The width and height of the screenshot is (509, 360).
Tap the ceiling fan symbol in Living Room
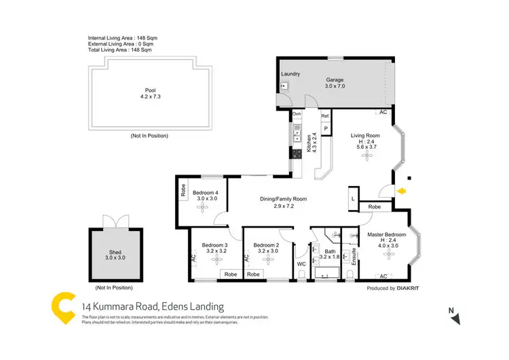[x=368, y=156]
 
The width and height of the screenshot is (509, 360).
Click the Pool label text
[x=150, y=90]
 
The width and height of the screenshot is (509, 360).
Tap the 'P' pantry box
[x=326, y=128]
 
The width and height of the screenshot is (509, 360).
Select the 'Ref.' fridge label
[x=325, y=116]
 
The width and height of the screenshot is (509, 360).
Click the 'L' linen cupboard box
[x=354, y=198]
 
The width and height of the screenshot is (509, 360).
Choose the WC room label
[x=302, y=264]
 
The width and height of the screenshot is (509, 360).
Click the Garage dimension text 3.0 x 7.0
[x=335, y=87]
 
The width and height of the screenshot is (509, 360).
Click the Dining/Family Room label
[x=284, y=199]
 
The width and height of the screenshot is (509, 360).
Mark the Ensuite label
[x=354, y=256]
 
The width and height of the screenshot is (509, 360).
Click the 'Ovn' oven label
[x=296, y=113]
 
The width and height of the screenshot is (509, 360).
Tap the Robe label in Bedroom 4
[x=183, y=191]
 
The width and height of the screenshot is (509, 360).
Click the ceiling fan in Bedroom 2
[x=266, y=261]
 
